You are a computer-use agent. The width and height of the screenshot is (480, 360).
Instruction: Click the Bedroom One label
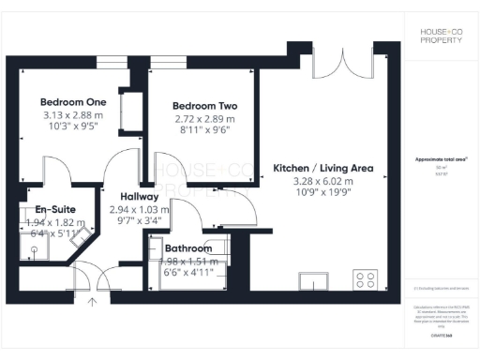click(72, 101)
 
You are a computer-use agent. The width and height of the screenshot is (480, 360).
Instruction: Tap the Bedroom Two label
click(202, 106)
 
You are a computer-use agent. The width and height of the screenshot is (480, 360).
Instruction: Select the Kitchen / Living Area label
click(322, 169)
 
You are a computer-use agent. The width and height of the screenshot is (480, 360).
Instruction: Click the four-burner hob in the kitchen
click(365, 278)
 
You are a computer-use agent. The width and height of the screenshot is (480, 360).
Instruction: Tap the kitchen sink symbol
click(312, 279)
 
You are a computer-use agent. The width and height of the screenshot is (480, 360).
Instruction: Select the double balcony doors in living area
click(335, 63)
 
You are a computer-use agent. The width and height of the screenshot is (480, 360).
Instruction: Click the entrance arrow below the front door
click(92, 302)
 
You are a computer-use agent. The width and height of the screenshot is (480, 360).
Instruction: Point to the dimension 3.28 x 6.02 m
click(322, 181)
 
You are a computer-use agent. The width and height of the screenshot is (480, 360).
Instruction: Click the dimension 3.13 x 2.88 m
click(72, 114)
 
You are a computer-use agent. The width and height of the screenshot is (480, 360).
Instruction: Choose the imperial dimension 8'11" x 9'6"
click(202, 130)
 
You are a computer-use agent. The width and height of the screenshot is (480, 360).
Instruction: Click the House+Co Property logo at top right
click(440, 37)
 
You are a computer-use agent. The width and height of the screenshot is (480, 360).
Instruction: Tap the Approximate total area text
click(440, 160)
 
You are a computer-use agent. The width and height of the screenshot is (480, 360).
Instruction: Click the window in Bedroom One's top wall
click(111, 61)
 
